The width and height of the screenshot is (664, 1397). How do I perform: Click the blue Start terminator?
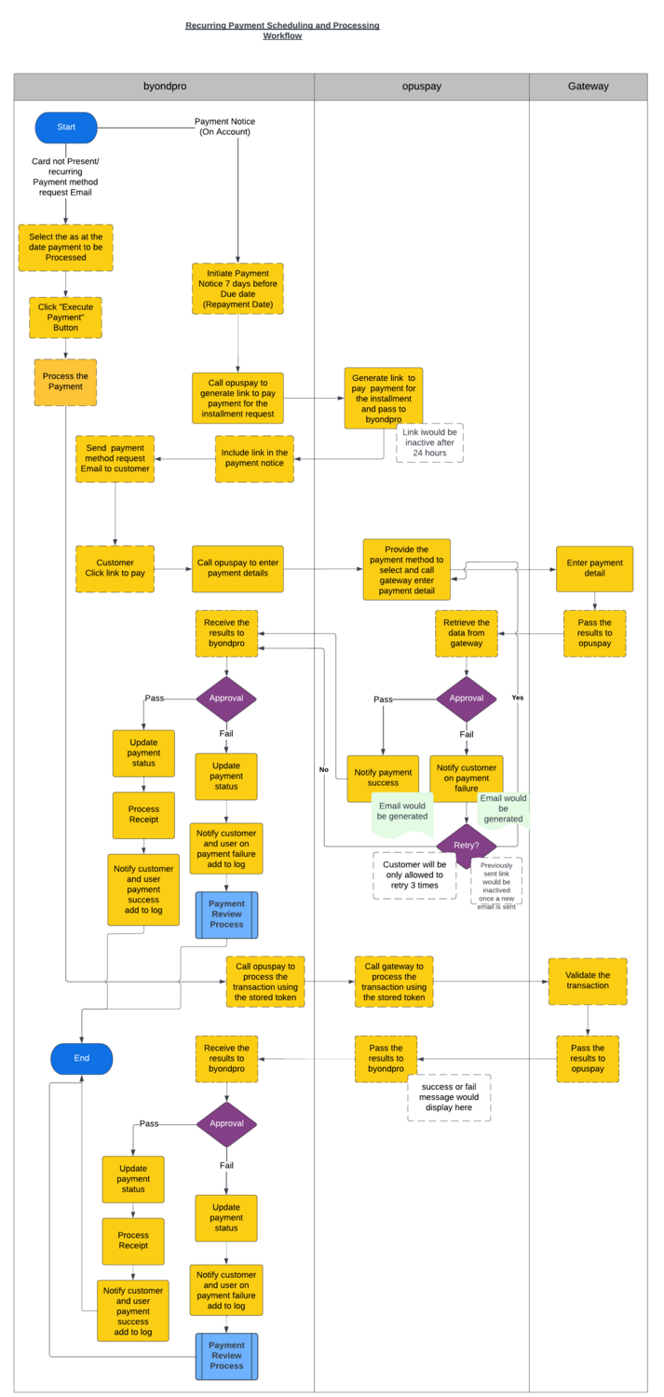(66, 128)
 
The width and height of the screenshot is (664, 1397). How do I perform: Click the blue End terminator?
(82, 1059)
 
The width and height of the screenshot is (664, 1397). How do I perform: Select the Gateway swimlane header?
(588, 87)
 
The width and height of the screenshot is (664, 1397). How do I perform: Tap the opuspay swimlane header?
(421, 87)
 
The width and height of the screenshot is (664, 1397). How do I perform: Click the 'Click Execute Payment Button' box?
(65, 318)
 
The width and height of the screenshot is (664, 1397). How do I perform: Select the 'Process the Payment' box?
(65, 382)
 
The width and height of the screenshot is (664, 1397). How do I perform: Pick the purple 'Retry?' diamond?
(466, 846)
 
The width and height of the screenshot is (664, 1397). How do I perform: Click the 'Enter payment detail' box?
(594, 568)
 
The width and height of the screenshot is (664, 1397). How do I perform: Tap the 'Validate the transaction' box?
(587, 981)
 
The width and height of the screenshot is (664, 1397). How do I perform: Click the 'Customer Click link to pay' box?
(115, 568)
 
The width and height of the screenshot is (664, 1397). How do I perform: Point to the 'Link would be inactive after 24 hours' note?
(429, 443)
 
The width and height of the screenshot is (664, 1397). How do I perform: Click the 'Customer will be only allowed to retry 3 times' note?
(414, 875)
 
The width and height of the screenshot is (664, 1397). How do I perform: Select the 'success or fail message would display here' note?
(449, 1097)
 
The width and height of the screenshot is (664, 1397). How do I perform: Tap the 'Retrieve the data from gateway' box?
(466, 633)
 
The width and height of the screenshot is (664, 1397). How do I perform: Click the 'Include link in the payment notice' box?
(254, 458)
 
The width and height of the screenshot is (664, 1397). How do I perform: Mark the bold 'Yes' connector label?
(518, 698)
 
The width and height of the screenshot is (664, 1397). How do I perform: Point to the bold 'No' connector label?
(324, 769)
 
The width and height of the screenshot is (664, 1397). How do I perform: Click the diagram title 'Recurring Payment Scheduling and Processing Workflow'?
(282, 31)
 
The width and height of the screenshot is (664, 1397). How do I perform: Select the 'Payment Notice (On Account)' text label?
(224, 127)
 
